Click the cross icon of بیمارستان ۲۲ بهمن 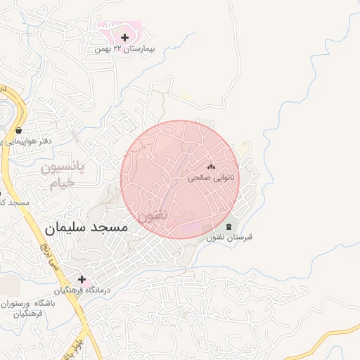click(125, 37)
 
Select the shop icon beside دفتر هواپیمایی click(18, 130)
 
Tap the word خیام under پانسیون click(62, 184)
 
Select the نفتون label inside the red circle click(153, 214)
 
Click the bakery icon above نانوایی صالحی click(210, 167)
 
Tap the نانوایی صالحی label click(209, 179)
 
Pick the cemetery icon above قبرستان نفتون click(230, 226)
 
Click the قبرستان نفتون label click(229, 238)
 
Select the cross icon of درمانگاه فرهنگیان click(82, 279)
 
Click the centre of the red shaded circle click(180, 179)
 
